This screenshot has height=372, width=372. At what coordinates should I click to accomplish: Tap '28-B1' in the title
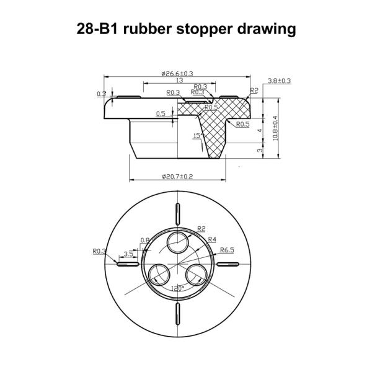(97, 29)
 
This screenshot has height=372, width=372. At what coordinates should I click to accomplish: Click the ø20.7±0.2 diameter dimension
(177, 177)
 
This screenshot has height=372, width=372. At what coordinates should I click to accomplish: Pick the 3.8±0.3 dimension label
(280, 81)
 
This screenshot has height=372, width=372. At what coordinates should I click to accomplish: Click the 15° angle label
(197, 135)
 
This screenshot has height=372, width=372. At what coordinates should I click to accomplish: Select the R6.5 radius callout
(226, 250)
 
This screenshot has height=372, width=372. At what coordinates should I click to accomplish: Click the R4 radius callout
(212, 239)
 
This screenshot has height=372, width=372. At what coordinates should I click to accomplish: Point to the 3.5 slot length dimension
(128, 254)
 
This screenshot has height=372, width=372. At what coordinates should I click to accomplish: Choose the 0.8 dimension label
(145, 239)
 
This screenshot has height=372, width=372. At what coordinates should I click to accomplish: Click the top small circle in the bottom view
(179, 244)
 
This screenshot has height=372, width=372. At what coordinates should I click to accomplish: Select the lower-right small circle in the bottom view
(198, 273)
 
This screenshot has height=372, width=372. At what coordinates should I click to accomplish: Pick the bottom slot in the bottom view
(178, 315)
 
